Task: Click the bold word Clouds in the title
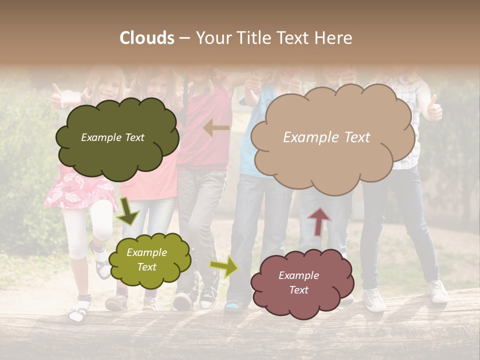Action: point(147,38)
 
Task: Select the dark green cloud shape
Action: point(117,137)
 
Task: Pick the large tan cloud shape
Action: point(332,137)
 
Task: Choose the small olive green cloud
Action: point(149,259)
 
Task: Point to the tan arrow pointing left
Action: point(216,128)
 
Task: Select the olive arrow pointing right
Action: point(224,266)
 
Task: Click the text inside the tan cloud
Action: point(327,137)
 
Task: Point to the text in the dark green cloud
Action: point(112,137)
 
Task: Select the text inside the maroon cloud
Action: point(298,282)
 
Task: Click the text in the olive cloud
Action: point(146,259)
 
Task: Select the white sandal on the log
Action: point(78,311)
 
